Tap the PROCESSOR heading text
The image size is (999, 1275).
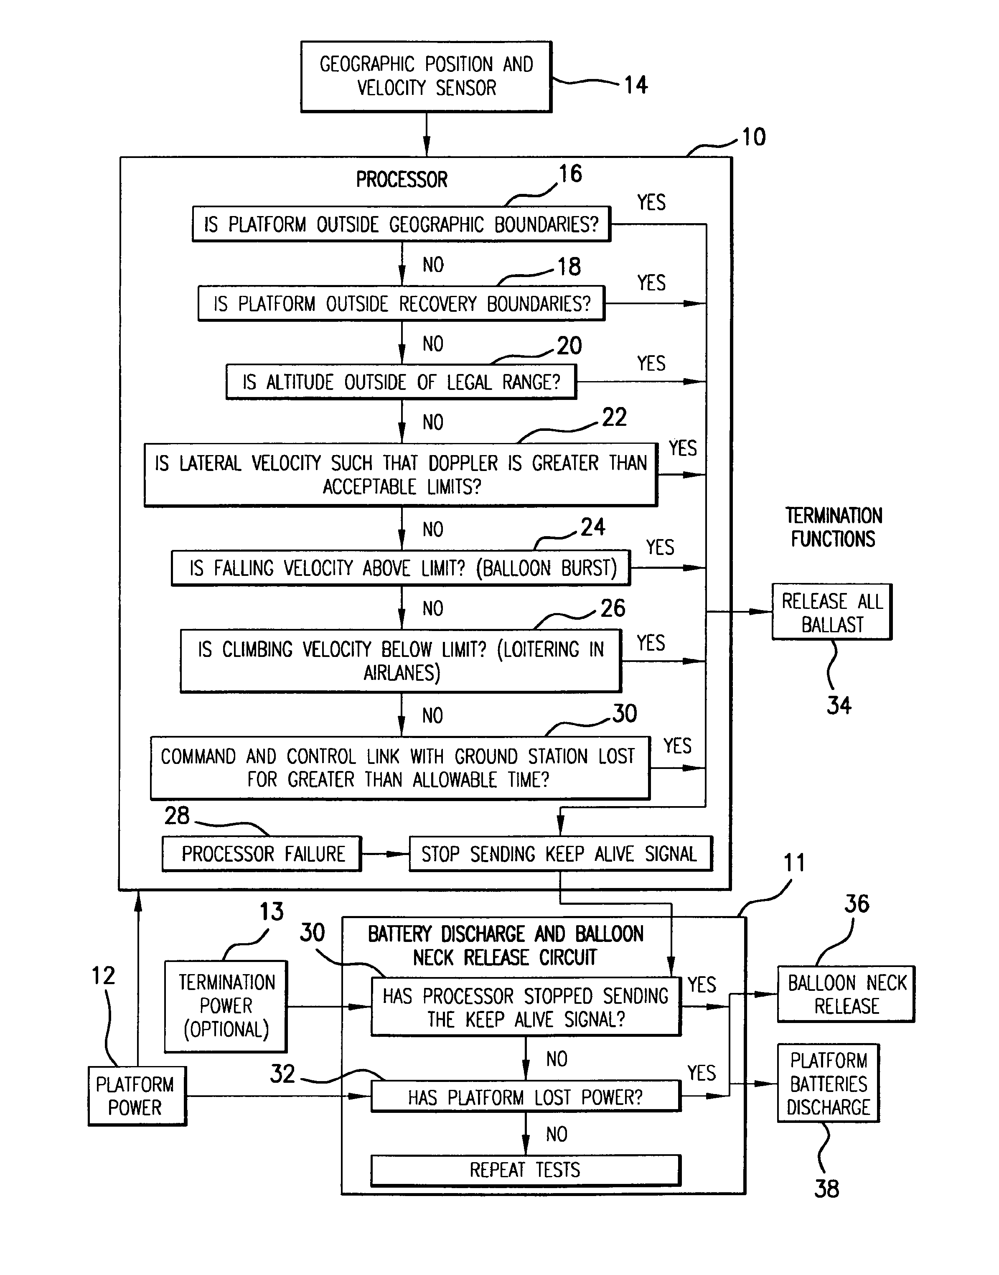pyautogui.click(x=402, y=180)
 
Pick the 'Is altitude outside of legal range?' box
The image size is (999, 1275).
pyautogui.click(x=401, y=382)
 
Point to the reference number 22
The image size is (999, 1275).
pyautogui.click(x=614, y=417)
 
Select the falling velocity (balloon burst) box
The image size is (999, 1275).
pyautogui.click(x=401, y=568)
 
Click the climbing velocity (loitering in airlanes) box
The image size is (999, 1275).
pyautogui.click(x=401, y=661)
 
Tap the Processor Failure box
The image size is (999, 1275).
pyautogui.click(x=262, y=854)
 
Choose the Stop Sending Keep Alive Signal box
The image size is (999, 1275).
pyautogui.click(x=560, y=854)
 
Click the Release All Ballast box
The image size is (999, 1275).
pyautogui.click(x=832, y=612)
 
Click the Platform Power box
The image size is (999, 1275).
pyautogui.click(x=137, y=1096)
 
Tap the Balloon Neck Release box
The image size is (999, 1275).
pyautogui.click(x=846, y=994)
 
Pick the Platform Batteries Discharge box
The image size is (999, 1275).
pyautogui.click(x=828, y=1084)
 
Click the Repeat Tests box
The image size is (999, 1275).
pyautogui.click(x=525, y=1170)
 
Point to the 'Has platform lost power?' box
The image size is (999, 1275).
pyautogui.click(x=525, y=1097)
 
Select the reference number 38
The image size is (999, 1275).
pyautogui.click(x=826, y=1189)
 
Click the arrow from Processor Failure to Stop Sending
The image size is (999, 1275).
pyautogui.click(x=385, y=854)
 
